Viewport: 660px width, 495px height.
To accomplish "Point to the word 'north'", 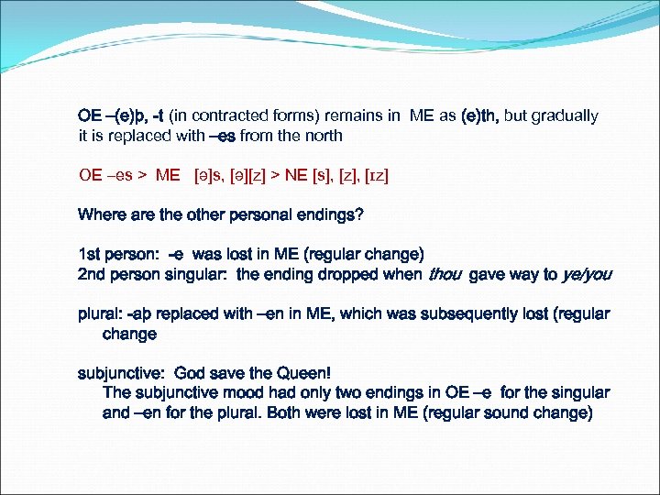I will click(x=322, y=136).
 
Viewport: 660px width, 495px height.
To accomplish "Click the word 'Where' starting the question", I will click(x=100, y=214).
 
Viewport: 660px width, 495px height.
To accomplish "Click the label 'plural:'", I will click(x=100, y=313).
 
